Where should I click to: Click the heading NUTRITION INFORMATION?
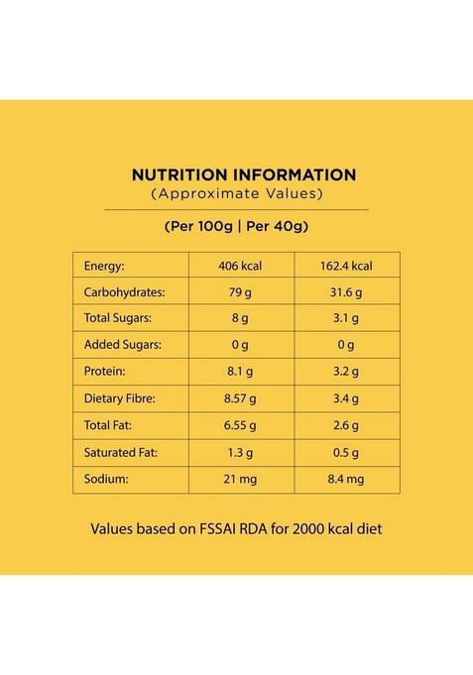click(243, 174)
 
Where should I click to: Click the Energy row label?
click(104, 266)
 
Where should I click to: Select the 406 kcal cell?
click(242, 266)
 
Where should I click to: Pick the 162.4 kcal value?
click(347, 266)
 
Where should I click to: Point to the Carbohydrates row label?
click(124, 292)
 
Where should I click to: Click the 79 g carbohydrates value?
click(242, 292)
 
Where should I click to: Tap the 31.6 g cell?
click(346, 292)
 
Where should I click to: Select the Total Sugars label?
click(118, 319)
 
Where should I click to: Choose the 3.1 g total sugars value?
click(346, 319)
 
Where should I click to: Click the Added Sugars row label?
click(122, 346)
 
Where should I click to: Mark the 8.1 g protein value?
click(242, 373)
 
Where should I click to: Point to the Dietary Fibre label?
click(120, 399)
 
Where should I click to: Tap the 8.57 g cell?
click(242, 399)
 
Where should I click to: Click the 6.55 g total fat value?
click(242, 426)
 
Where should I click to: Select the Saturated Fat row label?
click(121, 453)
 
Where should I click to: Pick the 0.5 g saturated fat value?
click(346, 453)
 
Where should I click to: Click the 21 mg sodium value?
click(242, 480)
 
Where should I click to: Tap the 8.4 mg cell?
click(346, 480)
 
